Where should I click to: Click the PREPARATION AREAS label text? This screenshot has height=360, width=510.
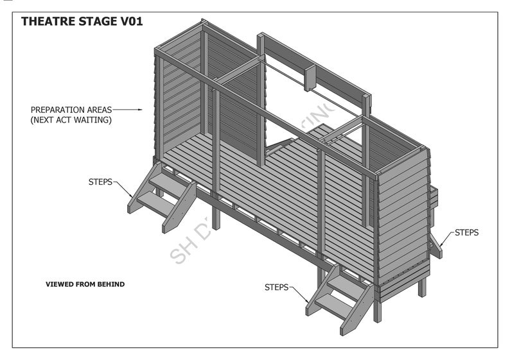(71, 110)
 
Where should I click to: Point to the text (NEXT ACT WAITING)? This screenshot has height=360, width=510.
(71, 120)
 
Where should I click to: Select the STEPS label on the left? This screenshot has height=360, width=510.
(100, 182)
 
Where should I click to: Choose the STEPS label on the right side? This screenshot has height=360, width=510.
(466, 232)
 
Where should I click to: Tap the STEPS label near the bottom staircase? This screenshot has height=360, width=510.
(276, 287)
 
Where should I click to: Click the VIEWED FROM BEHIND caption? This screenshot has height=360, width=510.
(85, 284)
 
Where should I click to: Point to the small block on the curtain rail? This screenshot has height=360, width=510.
(310, 78)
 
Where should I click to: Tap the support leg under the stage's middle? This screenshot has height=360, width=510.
(216, 218)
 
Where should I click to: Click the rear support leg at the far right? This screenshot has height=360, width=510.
(422, 286)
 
